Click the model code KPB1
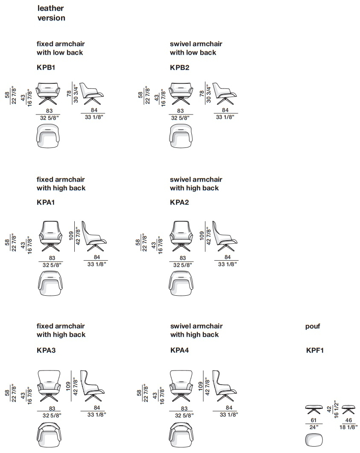click(x=46, y=68)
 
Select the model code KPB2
click(x=179, y=68)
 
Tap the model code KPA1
click(x=46, y=202)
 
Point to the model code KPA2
click(x=179, y=202)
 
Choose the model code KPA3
click(x=46, y=350)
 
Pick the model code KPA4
click(x=179, y=350)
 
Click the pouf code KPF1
click(x=315, y=350)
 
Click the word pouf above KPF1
click(x=313, y=327)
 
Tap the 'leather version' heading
click(x=51, y=13)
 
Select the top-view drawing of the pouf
click(x=314, y=440)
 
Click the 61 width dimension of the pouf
click(x=313, y=421)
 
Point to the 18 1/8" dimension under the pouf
click(x=348, y=427)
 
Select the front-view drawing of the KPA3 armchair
click(x=49, y=386)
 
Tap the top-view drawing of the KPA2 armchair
click(x=181, y=283)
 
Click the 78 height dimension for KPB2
click(x=202, y=93)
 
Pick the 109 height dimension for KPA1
click(x=71, y=236)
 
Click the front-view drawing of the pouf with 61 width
click(x=314, y=410)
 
